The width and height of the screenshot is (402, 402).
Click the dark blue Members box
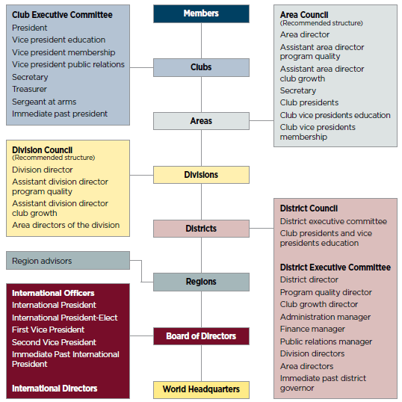pos(201,13)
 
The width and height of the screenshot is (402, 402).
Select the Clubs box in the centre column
pos(201,67)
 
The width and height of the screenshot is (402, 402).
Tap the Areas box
pos(201,121)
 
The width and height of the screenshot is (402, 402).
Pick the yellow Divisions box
pos(201,175)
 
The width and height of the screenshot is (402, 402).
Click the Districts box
pos(201,229)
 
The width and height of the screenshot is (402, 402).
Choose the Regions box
pos(201,282)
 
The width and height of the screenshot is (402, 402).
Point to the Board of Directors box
pos(201,336)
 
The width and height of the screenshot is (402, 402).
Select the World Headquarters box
pos(201,390)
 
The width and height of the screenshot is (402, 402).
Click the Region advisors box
pos(68,261)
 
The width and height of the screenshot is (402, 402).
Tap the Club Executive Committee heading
pos(62,15)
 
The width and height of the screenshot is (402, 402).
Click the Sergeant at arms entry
pos(44,102)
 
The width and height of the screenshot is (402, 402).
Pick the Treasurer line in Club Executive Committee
pos(29,89)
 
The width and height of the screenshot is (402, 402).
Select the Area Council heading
pos(304,15)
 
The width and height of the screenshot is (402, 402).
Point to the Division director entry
pos(43,170)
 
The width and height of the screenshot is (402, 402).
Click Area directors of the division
pos(66,225)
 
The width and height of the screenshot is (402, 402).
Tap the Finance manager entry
pos(312,329)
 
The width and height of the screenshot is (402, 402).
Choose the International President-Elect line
pos(64,318)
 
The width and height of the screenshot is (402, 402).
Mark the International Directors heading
pos(55,389)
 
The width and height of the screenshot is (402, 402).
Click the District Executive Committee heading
pos(335,268)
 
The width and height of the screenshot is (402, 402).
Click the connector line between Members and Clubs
pos(201,41)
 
